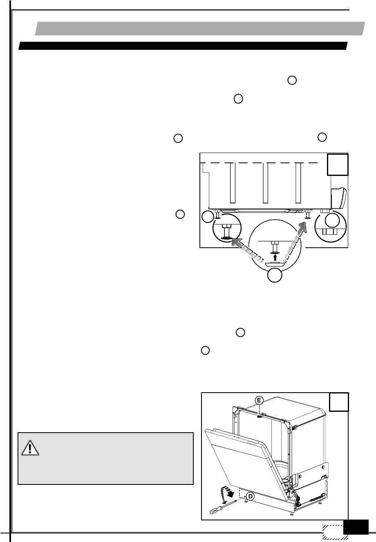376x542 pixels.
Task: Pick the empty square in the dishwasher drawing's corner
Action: pyautogui.click(x=339, y=402)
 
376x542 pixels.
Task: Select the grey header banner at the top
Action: pyautogui.click(x=200, y=29)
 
